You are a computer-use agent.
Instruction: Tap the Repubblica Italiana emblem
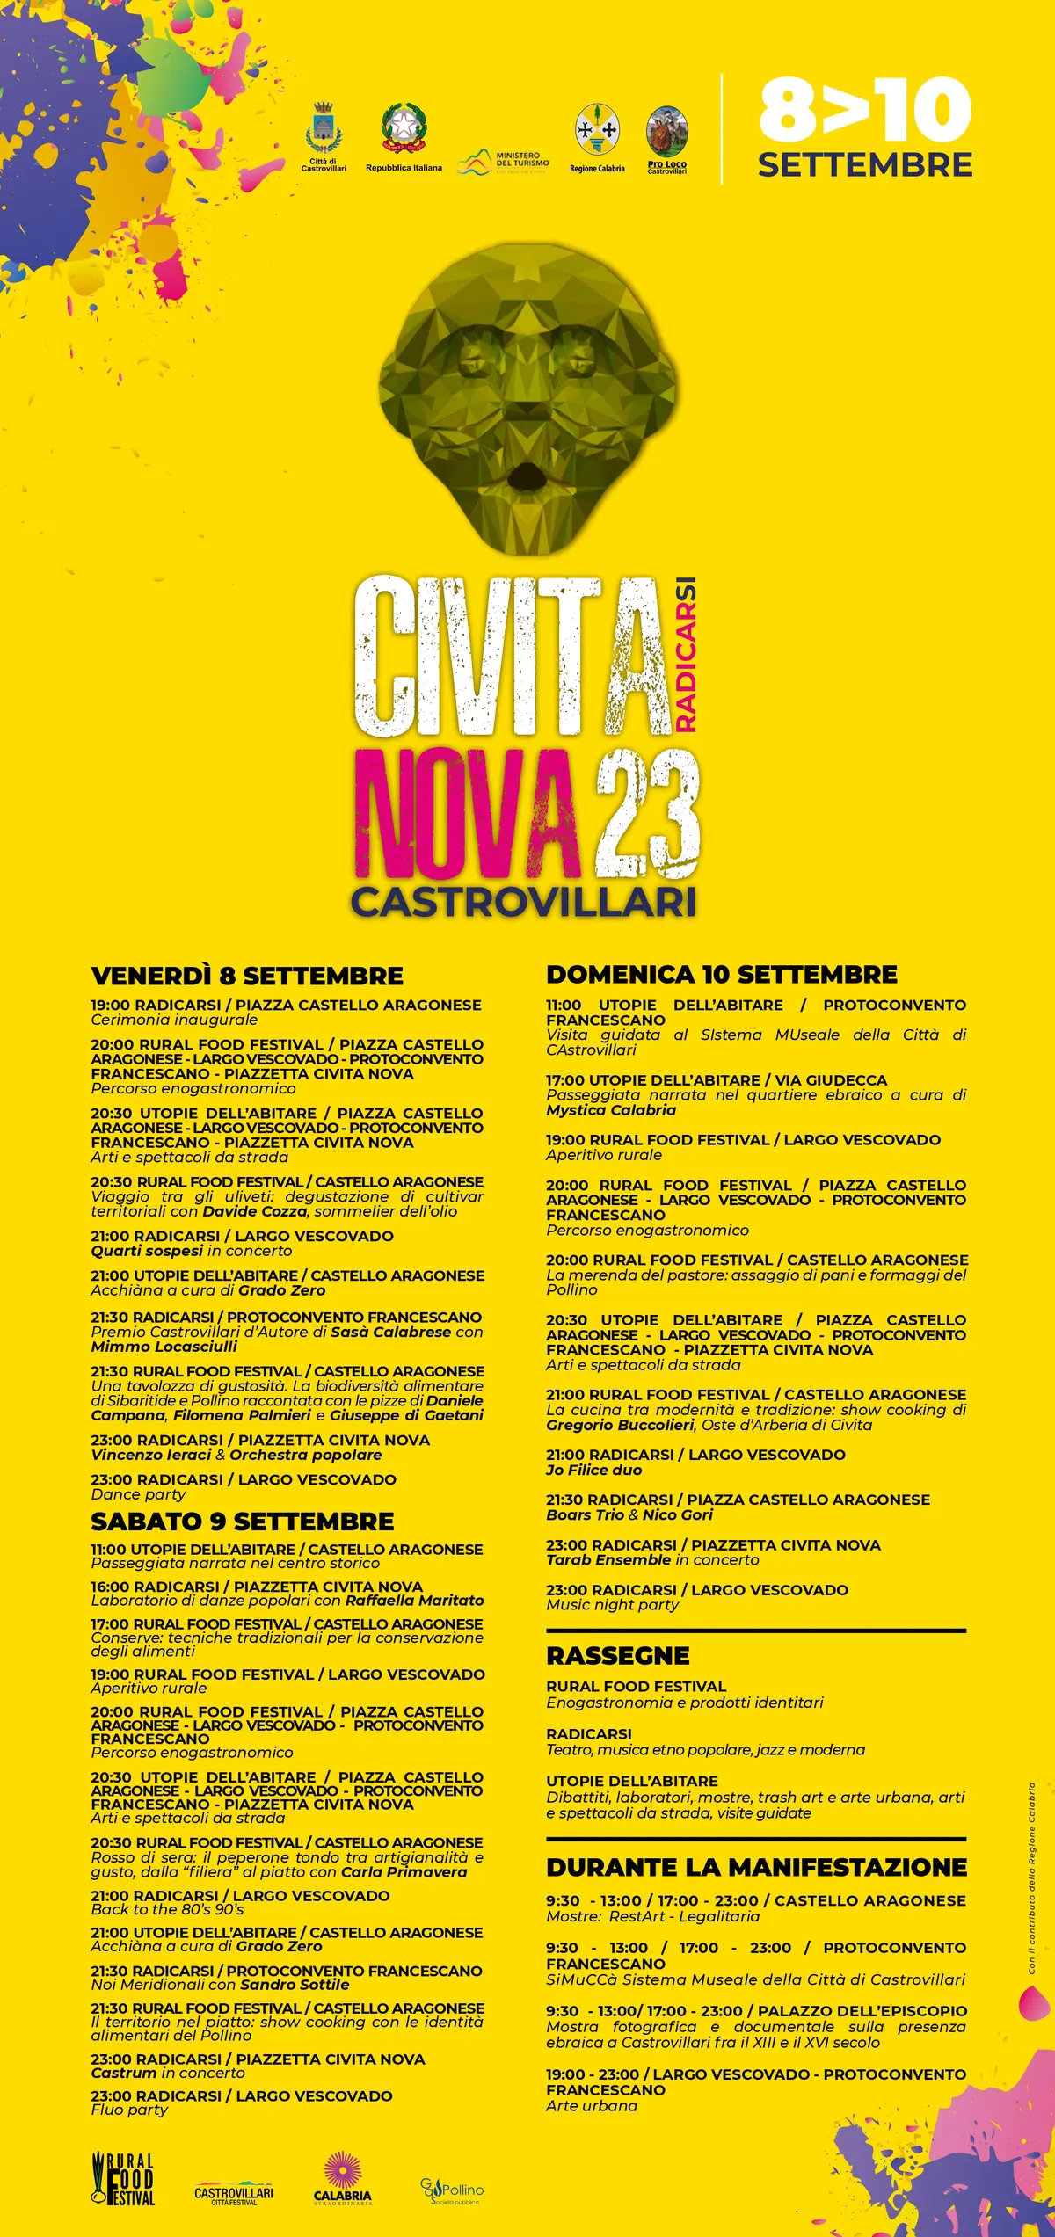[x=404, y=128]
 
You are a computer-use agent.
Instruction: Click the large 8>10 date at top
[x=864, y=110]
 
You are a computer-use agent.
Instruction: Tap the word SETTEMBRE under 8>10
[x=865, y=165]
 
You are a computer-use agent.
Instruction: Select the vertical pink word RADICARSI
[x=687, y=655]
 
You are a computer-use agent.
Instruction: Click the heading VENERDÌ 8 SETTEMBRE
[x=247, y=976]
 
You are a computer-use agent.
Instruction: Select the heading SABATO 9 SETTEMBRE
[x=243, y=1522]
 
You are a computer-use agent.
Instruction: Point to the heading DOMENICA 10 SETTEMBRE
[x=722, y=974]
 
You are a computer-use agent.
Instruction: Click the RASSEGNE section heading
[x=618, y=1656]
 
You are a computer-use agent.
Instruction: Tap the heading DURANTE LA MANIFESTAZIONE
[x=756, y=1868]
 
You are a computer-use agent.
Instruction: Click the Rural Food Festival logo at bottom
[x=124, y=2178]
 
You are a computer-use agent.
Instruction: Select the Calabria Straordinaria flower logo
[x=343, y=2178]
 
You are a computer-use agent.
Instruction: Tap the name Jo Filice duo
[x=594, y=1470]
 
